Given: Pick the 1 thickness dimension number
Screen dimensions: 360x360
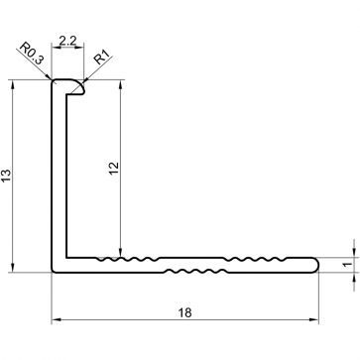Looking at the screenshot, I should click(346, 264).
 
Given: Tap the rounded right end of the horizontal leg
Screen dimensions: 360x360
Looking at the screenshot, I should click(314, 264).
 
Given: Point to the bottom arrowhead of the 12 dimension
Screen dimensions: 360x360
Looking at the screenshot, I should click(120, 254).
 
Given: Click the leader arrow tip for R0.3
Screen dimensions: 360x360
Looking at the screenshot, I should click(53, 80).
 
